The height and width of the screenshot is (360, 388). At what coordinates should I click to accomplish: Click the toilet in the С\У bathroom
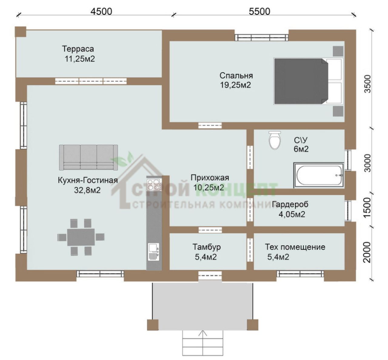[x=275, y=140]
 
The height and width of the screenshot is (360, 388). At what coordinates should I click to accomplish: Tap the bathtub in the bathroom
[x=319, y=175]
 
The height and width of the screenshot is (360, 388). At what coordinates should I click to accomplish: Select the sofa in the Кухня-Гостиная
[x=89, y=157]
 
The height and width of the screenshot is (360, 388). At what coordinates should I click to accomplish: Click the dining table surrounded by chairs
[x=81, y=237]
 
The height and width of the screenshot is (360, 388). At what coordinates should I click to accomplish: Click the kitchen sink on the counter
[x=154, y=252]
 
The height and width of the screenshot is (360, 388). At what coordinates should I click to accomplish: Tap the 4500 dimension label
[x=102, y=12]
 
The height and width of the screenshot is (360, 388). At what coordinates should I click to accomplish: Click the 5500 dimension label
[x=259, y=12]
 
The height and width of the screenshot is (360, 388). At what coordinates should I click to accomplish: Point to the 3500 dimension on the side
[x=368, y=84]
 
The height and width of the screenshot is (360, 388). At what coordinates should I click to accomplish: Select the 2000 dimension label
[x=368, y=252]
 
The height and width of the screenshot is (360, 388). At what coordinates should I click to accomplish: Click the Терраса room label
[x=78, y=49]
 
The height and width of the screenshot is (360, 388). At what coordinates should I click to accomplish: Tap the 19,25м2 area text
[x=236, y=85]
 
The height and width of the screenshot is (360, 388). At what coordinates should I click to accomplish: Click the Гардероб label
[x=290, y=204]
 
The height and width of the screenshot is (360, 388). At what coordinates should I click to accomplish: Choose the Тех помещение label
[x=295, y=247]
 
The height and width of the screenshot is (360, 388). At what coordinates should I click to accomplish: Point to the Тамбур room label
[x=207, y=247]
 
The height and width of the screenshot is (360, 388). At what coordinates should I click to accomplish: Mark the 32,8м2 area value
[x=87, y=190]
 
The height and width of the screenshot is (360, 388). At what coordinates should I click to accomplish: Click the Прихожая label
[x=210, y=178]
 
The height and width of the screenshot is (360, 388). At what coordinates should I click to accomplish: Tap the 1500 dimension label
[x=368, y=207]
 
